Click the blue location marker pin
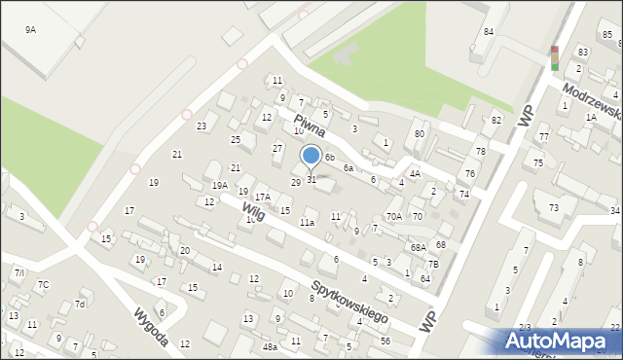point(311,156)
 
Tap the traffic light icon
point(555,58)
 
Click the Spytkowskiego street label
point(349,303)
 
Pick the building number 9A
point(30,30)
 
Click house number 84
point(488,32)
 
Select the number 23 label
point(202,126)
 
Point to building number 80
point(420,133)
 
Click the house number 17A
point(262,197)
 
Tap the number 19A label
point(220,185)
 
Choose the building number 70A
point(393,216)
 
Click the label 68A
point(418,248)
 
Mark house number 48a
point(270,346)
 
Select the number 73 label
point(553,207)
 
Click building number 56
point(385,341)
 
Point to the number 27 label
point(277,148)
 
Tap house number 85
point(607,35)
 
